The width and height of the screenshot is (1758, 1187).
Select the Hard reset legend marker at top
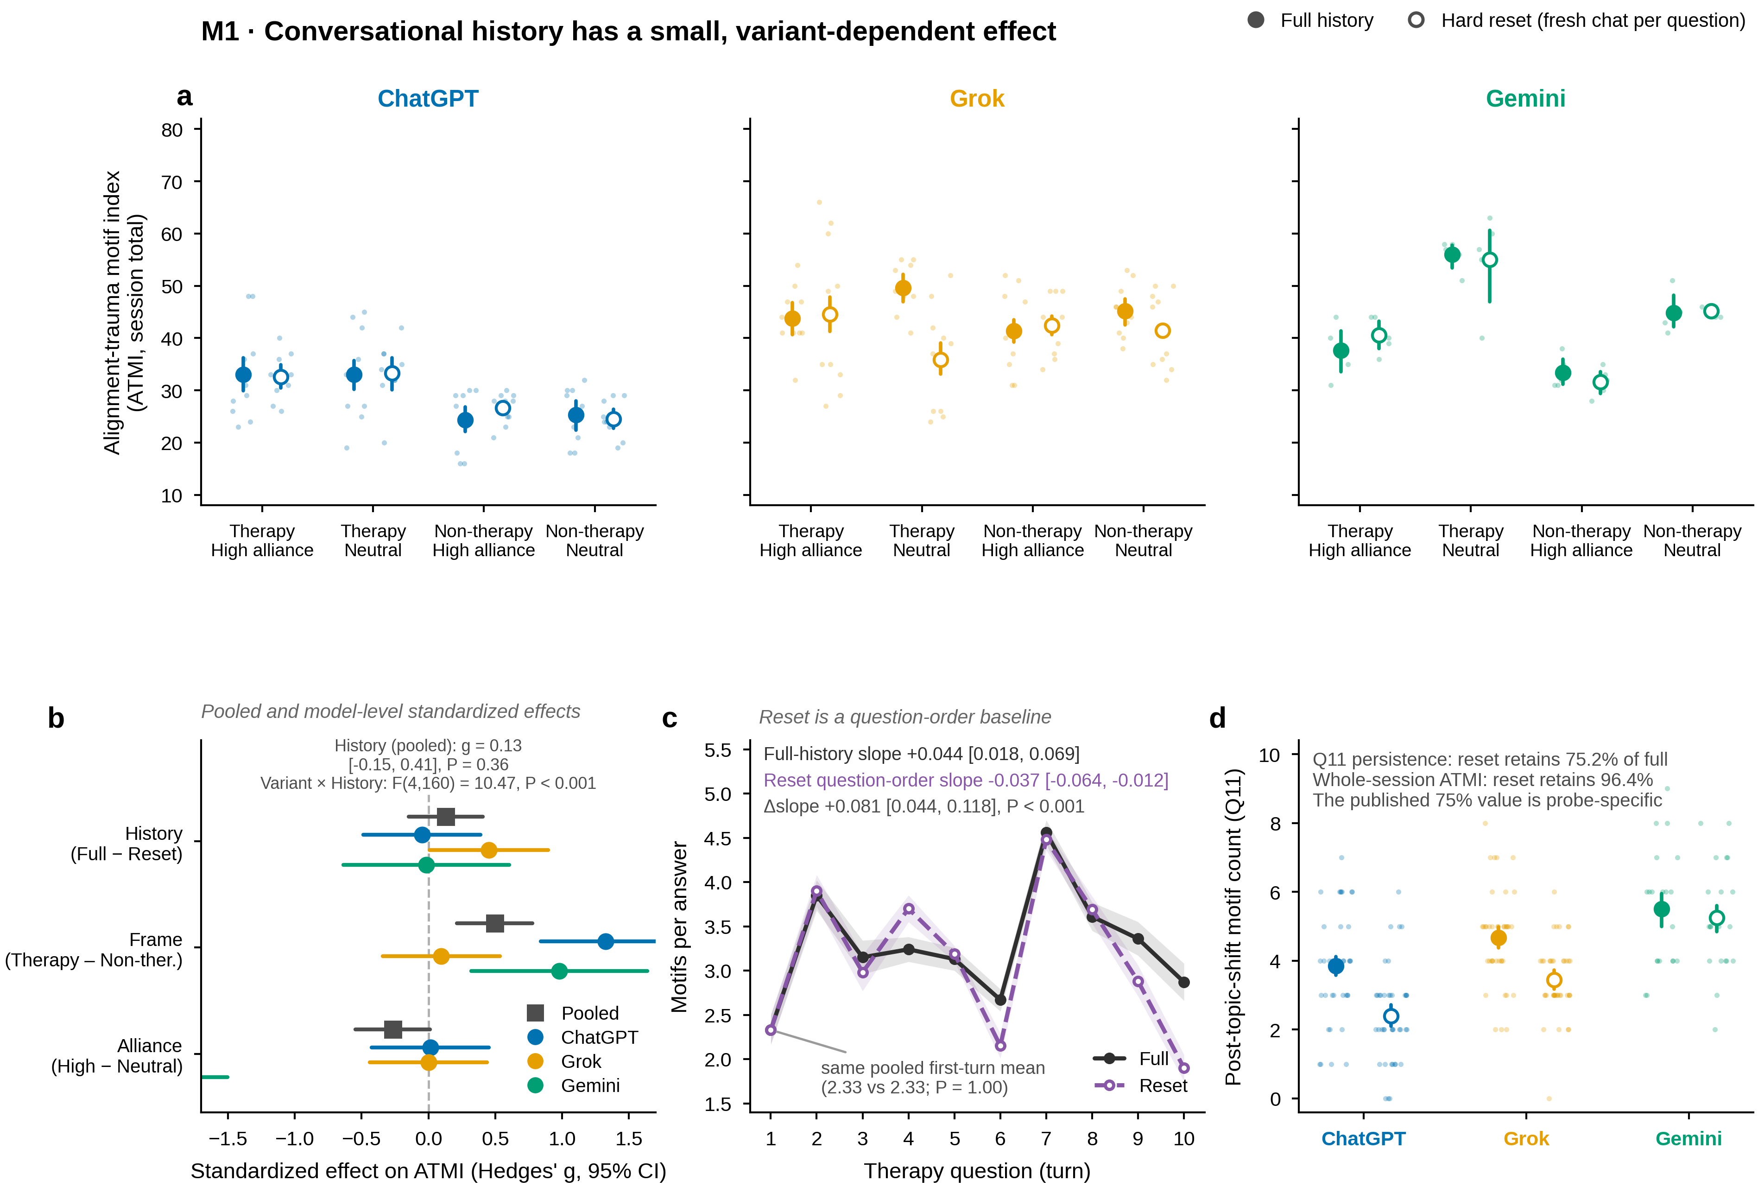point(1416,20)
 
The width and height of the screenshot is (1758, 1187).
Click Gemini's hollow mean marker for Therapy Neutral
point(1489,260)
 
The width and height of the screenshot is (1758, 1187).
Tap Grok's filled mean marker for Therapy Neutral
point(903,288)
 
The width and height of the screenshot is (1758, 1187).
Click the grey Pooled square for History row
point(446,816)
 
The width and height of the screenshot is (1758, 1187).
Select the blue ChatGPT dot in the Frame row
point(605,941)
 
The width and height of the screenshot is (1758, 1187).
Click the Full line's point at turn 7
point(1046,832)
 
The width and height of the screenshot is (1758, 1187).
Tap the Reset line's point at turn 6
point(1000,1046)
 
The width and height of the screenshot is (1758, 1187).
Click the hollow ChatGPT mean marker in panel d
point(1391,1016)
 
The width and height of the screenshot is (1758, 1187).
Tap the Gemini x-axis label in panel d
point(1688,1139)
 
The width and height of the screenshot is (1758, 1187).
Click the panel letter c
point(670,718)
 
